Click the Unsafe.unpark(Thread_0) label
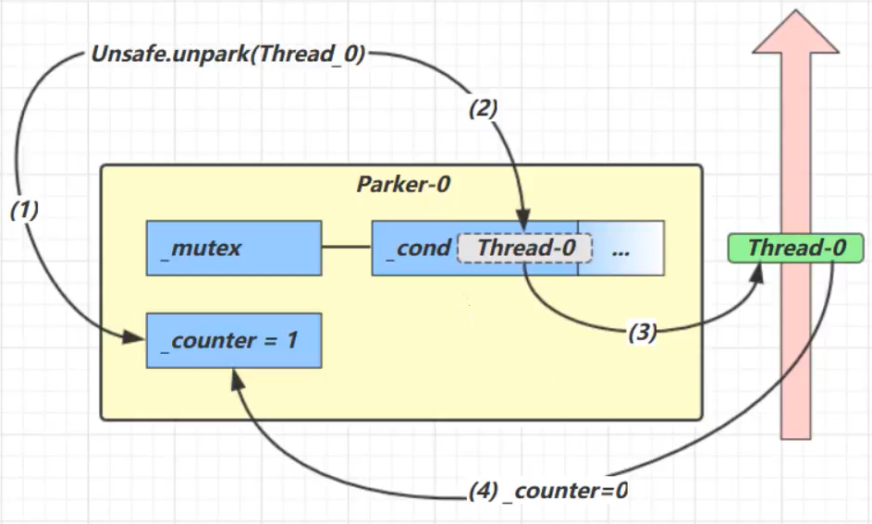pyautogui.click(x=227, y=54)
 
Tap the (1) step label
pyautogui.click(x=24, y=210)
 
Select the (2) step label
pyautogui.click(x=483, y=108)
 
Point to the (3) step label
pyautogui.click(x=642, y=333)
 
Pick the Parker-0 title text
pyautogui.click(x=403, y=184)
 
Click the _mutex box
pyautogui.click(x=234, y=248)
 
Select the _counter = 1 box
pyautogui.click(x=234, y=340)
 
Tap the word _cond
pyautogui.click(x=417, y=248)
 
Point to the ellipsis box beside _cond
pyautogui.click(x=621, y=248)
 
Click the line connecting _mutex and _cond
pyautogui.click(x=347, y=248)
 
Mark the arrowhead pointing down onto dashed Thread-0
pyautogui.click(x=524, y=225)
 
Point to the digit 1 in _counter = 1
pyautogui.click(x=291, y=340)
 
